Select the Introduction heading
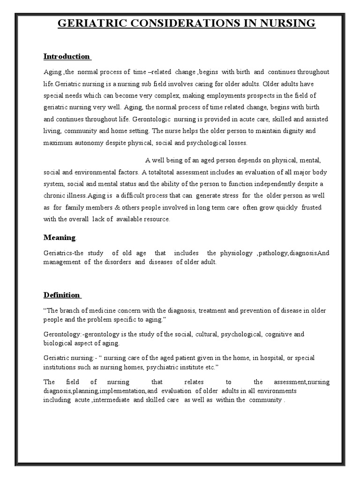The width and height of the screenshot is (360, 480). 67,57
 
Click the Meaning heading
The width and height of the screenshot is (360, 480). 59,238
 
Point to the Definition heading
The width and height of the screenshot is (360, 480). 61,295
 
